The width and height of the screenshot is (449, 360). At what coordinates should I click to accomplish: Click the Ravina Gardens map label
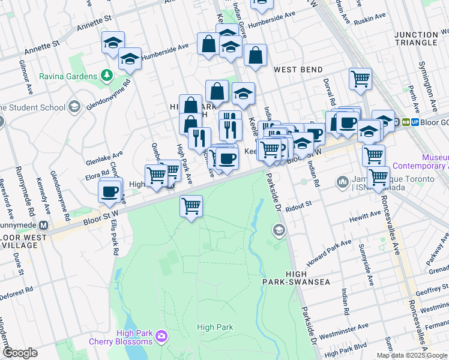coord(68,76)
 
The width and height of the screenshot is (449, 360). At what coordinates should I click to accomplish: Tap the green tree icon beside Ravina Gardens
coord(106,75)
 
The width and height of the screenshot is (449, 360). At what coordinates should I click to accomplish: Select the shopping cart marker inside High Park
coord(191,206)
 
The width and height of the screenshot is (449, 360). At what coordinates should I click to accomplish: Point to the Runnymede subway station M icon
coord(43,226)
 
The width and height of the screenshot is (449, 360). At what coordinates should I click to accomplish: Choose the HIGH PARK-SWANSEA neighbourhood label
coord(289,277)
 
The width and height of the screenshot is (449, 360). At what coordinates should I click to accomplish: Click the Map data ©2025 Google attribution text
coord(412,355)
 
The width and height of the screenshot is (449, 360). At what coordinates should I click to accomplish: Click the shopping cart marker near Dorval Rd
coord(360,79)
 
